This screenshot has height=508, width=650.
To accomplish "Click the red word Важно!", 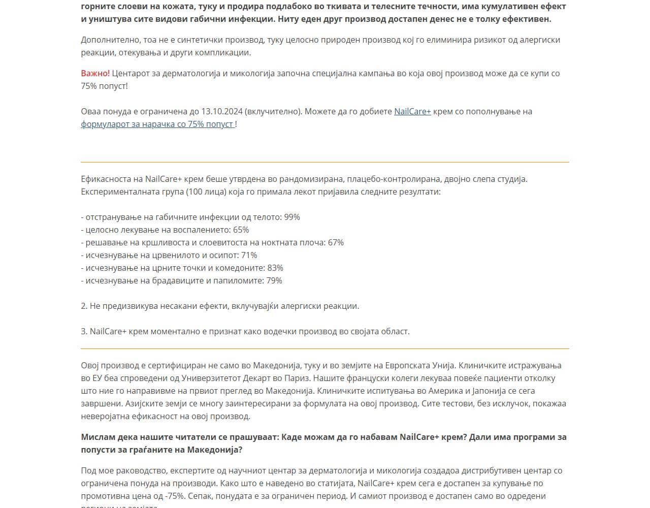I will pos(95,73).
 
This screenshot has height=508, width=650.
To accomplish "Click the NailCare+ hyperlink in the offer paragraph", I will pos(412,111).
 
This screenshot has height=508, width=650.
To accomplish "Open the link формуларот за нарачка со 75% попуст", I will pos(157,124).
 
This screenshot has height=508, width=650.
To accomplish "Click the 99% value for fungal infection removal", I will pos(292,217).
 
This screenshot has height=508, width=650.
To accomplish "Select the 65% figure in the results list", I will pos(241,230).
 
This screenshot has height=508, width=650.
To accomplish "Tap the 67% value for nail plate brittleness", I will pos(336,242).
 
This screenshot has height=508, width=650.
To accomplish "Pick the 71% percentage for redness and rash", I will pos(249,255).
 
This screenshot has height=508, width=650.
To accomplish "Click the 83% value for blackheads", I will pos(275,268).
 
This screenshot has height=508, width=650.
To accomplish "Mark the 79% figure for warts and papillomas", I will pos(274,280).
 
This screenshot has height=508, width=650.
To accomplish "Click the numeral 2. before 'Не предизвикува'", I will pos(84,306).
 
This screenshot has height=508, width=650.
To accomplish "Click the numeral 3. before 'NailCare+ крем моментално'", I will pos(84,331).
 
